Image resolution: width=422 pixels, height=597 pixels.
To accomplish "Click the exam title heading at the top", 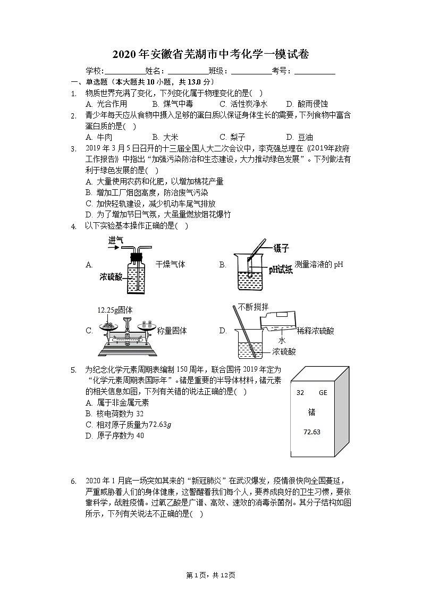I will pos(211,54).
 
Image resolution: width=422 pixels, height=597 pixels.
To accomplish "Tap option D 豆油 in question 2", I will pos(299,137).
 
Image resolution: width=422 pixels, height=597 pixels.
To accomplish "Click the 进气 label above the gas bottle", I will pos(116,240).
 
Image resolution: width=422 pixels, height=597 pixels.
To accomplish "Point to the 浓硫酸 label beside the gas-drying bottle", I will pos(111,277).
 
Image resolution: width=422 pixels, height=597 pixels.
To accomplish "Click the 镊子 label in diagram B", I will pos(281,248).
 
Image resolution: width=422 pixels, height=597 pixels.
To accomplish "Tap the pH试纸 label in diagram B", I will pos(280,270).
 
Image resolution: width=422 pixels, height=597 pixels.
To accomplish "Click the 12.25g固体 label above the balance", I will pos(115,310).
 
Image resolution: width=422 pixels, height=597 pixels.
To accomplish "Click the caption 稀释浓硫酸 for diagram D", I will pos(316,331).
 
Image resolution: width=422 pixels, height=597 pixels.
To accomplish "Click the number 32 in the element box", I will pos(300,393).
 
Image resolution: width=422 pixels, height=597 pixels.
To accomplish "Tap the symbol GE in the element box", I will pos(323,393).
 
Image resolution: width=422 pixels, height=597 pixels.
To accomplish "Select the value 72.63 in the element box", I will pos(312,432).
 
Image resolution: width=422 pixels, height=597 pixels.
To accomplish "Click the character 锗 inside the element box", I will pos(311,412).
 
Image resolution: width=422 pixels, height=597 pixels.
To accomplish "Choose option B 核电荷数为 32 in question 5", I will pos(114,414).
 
